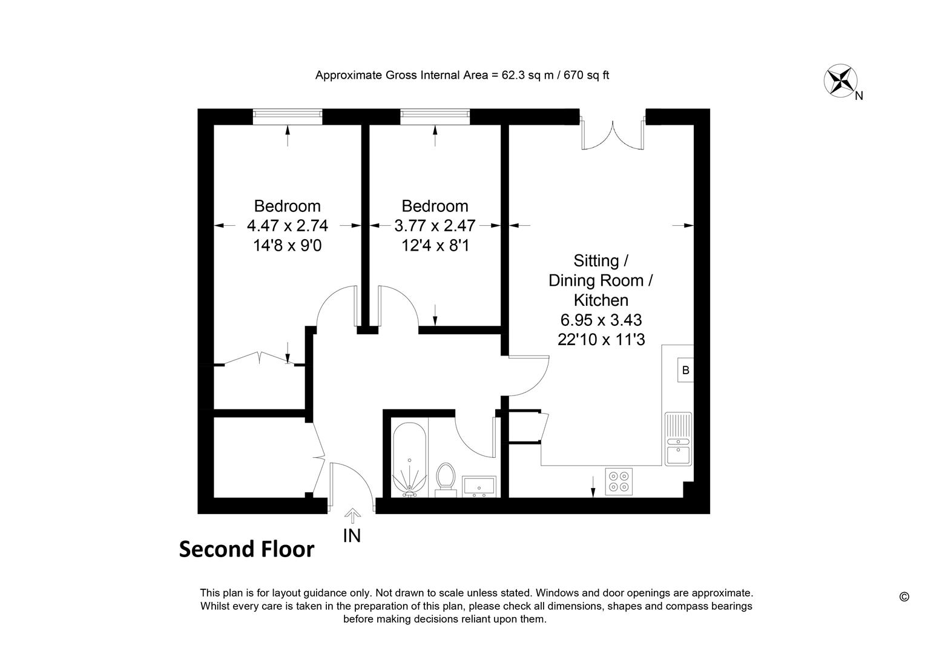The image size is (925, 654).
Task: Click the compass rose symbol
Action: [840, 81]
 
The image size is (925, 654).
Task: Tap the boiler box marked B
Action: [685, 370]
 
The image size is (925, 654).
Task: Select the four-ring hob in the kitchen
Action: [619, 481]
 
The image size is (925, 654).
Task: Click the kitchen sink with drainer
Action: [679, 438]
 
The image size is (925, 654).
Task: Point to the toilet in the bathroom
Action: [446, 480]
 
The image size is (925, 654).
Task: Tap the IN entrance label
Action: [352, 536]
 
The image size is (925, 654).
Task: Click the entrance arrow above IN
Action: [352, 515]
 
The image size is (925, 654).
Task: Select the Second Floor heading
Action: [246, 549]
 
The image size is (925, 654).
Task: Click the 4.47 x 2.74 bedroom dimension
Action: [288, 226]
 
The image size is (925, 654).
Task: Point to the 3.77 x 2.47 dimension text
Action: [435, 226]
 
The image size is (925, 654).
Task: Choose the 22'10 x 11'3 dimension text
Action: [601, 340]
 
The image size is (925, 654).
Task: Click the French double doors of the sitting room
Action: [613, 134]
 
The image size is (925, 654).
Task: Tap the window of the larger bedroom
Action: [288, 116]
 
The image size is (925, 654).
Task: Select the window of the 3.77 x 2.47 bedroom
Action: [435, 116]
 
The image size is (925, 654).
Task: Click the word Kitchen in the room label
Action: [601, 300]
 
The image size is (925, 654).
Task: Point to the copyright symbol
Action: [904, 597]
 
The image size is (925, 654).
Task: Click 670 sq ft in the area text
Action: [587, 75]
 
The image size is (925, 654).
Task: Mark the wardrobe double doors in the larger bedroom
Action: [259, 358]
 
